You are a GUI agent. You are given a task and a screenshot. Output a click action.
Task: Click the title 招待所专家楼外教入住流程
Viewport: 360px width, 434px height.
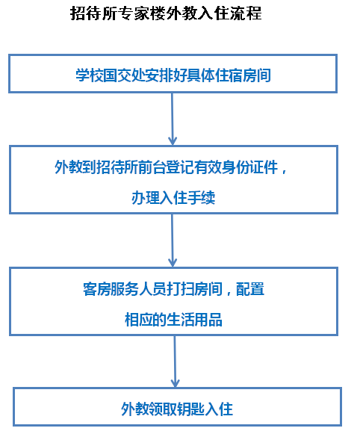166,13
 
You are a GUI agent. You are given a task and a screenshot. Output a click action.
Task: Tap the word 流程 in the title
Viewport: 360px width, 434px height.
246,13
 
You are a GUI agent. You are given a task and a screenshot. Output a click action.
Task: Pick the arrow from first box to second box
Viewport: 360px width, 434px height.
173,119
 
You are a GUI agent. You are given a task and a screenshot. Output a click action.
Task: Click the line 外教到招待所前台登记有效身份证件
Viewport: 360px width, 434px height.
166,167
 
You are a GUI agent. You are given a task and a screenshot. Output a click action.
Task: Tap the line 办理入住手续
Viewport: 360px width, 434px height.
173,198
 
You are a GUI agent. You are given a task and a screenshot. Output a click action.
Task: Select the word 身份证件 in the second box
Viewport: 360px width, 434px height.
250,167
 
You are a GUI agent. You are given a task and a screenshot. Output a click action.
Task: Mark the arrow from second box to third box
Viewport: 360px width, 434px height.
173,241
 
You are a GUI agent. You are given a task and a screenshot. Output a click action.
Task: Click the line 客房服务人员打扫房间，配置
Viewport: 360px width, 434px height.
173,289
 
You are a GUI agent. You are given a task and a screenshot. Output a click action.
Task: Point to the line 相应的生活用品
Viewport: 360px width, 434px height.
173,320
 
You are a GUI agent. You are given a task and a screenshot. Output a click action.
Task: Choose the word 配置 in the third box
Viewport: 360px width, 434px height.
250,289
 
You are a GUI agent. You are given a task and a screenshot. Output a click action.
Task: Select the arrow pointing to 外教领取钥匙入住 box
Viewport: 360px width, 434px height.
175,362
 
